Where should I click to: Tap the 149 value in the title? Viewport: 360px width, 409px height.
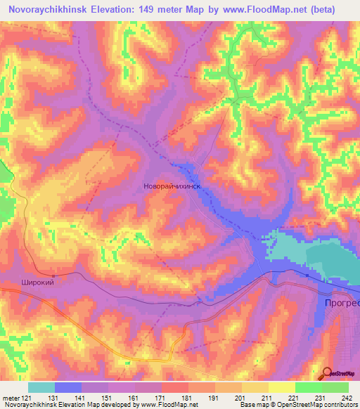click(156, 9)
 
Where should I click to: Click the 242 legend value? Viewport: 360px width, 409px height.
click(347, 397)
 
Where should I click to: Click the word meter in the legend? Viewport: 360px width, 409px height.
click(11, 397)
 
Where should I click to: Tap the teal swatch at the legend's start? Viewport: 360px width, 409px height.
click(41, 387)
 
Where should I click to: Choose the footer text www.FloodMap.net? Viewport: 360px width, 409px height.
click(167, 405)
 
